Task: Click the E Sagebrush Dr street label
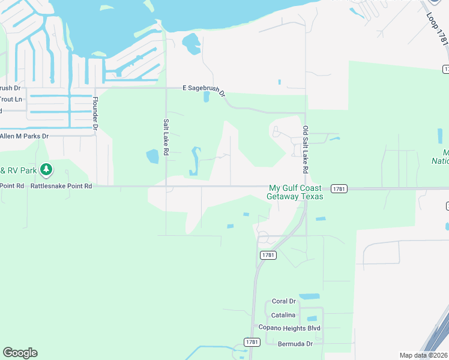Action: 204,89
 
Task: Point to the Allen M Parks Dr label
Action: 24,137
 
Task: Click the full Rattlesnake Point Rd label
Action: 62,187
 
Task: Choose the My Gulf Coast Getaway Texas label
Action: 296,192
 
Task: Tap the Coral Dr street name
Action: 284,301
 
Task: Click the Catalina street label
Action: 283,315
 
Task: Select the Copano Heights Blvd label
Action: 289,328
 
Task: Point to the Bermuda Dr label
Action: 295,344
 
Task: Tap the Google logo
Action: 20,353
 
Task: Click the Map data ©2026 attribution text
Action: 423,355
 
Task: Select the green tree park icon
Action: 46,170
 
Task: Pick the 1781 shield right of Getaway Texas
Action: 339,188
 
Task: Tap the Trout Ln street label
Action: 11,99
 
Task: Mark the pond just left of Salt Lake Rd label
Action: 152,157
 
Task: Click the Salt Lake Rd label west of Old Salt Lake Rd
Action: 166,137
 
